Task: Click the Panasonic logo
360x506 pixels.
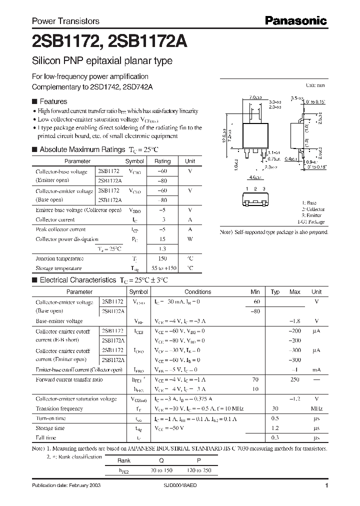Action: pos(295,21)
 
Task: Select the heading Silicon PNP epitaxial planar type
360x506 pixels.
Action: pos(102,61)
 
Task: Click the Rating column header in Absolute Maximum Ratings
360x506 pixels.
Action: pos(162,161)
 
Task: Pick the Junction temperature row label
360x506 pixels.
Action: pos(59,258)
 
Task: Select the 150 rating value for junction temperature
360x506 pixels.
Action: pos(162,258)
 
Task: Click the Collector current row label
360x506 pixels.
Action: pos(55,219)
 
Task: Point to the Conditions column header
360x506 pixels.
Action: pos(198,292)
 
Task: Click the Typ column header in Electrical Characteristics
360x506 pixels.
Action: pos(275,292)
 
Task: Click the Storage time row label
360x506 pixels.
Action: pos(50,428)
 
